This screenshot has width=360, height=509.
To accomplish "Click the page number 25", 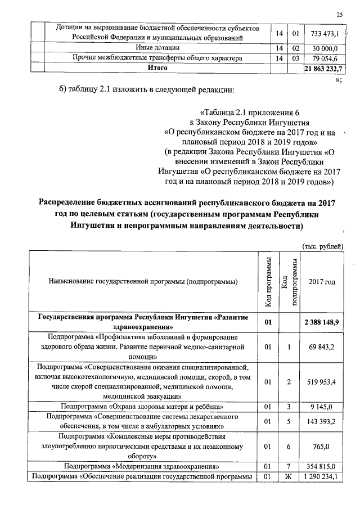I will coord(339,14).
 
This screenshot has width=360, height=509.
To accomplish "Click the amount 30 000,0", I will coord(323,48).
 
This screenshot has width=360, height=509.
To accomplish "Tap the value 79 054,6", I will coord(323,58).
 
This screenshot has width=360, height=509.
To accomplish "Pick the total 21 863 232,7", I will coord(323,68).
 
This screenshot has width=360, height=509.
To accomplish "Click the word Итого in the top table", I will coord(157,68).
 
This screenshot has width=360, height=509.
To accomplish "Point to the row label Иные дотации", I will coord(157,48).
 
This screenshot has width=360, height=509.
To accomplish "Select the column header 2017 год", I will coord(322,281).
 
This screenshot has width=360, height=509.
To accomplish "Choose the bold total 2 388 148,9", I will coord(322,322).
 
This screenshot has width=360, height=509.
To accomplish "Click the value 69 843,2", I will coord(322,347).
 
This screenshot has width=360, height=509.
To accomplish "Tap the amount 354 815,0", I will coord(322,467).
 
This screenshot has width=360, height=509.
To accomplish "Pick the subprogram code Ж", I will coord(288,478).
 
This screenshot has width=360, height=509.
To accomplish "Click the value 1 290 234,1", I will coord(322,478).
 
